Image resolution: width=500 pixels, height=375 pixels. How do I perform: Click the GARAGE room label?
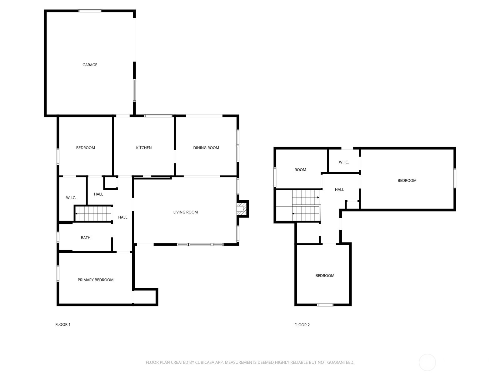[x=90, y=65]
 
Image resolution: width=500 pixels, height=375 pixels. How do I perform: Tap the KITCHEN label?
[x=144, y=148]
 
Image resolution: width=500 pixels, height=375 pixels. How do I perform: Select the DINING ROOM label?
[x=206, y=148]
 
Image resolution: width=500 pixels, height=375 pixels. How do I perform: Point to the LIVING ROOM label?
[x=185, y=212]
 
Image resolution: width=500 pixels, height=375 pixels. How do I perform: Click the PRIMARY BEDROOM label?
[x=95, y=280]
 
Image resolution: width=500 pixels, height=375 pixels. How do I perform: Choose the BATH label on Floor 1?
[x=86, y=238]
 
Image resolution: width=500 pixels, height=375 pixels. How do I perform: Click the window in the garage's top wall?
[x=90, y=11]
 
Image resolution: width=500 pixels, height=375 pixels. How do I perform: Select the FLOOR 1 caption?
[x=63, y=324]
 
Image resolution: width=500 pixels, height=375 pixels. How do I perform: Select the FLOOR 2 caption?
[x=302, y=325]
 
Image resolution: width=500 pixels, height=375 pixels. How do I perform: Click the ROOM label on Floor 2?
[x=300, y=170]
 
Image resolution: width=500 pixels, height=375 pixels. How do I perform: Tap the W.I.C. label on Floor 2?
[x=344, y=162]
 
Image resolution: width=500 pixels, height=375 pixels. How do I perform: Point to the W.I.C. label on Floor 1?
[x=71, y=198]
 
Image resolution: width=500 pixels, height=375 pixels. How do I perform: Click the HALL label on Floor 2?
[x=339, y=189]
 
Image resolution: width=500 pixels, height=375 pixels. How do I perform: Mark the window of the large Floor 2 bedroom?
[x=455, y=178]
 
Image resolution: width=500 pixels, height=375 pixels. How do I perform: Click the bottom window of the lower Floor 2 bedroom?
[x=325, y=305]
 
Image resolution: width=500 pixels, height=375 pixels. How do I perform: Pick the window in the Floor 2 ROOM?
[x=275, y=177]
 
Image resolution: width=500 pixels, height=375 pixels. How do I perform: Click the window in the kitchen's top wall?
[x=158, y=116]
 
